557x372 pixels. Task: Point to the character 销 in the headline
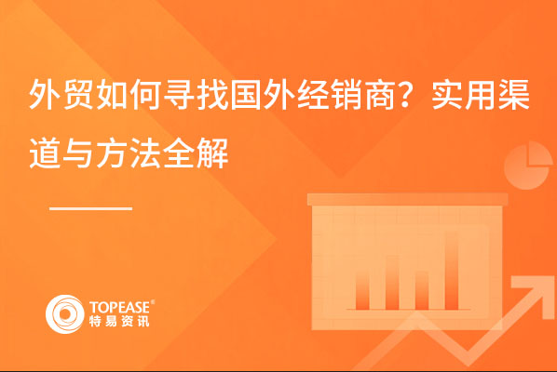347,95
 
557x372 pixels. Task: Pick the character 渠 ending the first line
515,95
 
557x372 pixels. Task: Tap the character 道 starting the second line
45,153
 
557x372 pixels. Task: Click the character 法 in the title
145,153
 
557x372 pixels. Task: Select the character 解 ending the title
212,153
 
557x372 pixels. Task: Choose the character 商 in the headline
380,95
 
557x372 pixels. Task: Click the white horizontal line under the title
91,208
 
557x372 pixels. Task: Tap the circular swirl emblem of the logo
64,314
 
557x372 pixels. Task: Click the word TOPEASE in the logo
120,307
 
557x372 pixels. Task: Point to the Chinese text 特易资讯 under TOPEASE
119,321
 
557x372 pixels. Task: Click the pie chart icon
528,166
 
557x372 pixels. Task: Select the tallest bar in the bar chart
452,271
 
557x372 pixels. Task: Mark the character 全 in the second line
179,153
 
